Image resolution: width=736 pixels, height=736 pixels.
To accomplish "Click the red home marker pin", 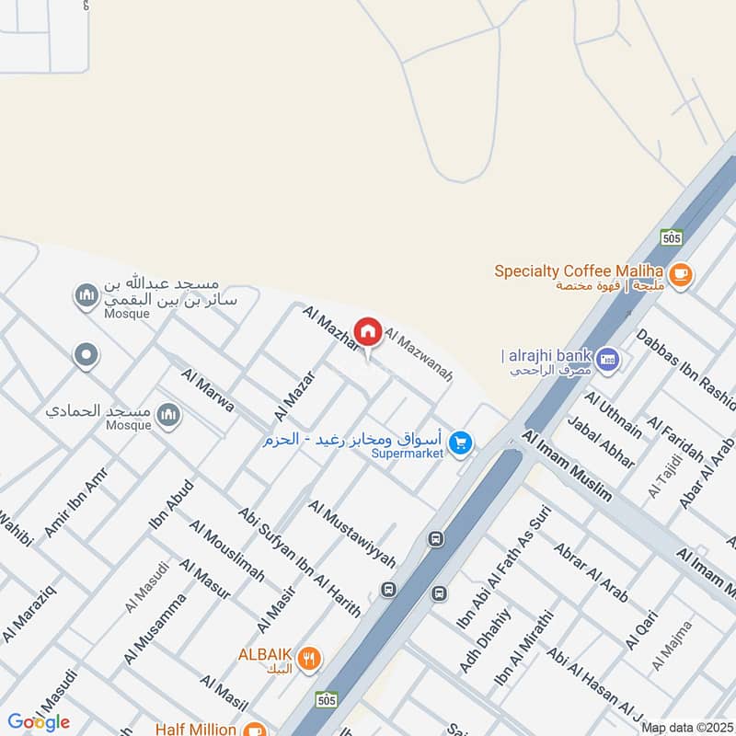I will [368, 332].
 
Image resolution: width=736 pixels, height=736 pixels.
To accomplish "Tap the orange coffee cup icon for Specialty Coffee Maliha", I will [681, 273].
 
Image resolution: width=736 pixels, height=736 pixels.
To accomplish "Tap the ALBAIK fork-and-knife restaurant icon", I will [311, 658].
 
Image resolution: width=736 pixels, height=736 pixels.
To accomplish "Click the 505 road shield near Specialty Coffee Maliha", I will [672, 237].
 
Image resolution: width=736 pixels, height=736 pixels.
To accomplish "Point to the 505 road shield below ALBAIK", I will [326, 698].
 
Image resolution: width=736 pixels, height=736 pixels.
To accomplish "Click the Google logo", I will [39, 722].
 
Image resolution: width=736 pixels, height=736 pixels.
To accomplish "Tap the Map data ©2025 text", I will [686, 727].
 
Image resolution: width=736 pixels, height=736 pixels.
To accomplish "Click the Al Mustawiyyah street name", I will [352, 534].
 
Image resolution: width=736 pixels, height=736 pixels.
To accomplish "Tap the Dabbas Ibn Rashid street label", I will [685, 370].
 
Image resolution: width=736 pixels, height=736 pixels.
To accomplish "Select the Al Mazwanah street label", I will [419, 356].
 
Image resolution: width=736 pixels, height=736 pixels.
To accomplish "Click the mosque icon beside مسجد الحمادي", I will [167, 415].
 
